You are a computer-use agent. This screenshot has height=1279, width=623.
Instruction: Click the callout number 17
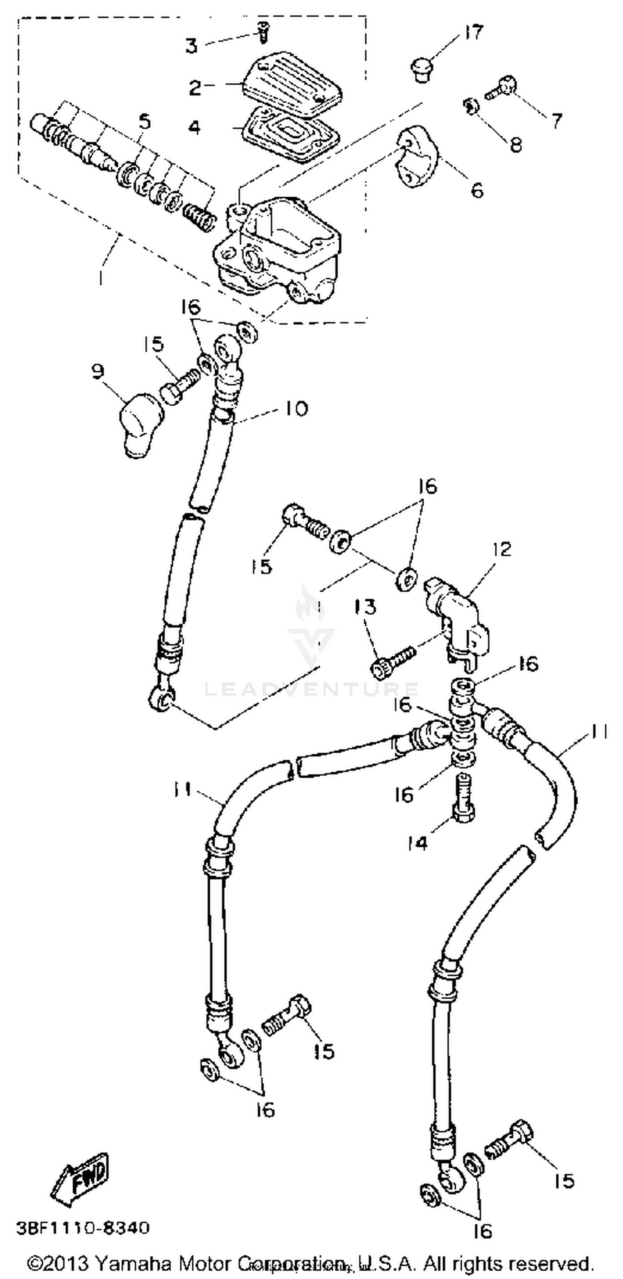coord(473,33)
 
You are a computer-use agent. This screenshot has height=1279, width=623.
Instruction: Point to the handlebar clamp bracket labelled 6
coord(417,157)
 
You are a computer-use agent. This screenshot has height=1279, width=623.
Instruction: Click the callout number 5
coord(144,122)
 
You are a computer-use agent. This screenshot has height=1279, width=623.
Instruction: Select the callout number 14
coord(417,843)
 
